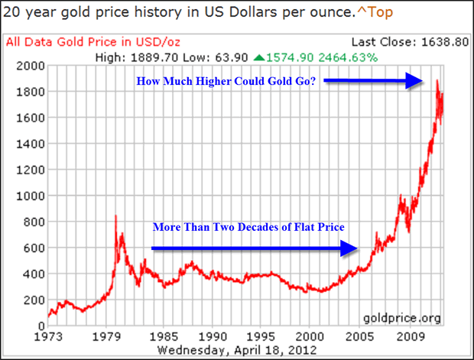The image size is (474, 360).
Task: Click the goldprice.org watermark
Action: [x=407, y=317]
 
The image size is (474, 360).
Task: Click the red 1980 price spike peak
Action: [x=115, y=217]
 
